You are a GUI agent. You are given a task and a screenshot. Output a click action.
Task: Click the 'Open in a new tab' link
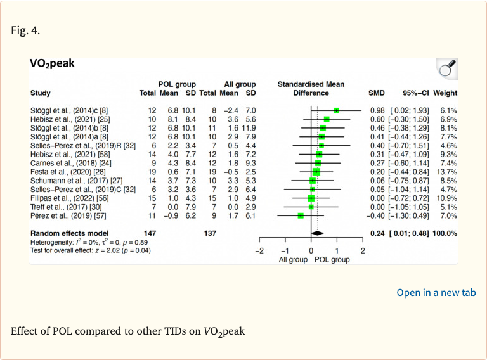(x=436, y=292)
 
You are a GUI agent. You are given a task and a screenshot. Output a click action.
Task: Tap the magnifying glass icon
(x=447, y=68)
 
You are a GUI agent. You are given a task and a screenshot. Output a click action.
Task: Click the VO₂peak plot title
(x=52, y=63)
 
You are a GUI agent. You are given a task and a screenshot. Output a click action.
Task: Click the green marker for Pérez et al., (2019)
(x=301, y=215)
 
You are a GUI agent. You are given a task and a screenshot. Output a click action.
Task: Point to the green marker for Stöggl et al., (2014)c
(x=336, y=110)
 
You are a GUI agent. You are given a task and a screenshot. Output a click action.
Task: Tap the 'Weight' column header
(x=445, y=93)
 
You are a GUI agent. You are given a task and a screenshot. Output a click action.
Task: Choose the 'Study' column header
(x=41, y=93)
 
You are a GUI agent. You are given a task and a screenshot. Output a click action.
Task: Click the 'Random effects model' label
(x=69, y=233)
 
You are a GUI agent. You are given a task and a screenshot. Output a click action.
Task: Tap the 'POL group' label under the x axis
(x=332, y=260)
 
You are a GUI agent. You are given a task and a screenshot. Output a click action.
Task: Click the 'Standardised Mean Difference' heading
(x=311, y=89)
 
